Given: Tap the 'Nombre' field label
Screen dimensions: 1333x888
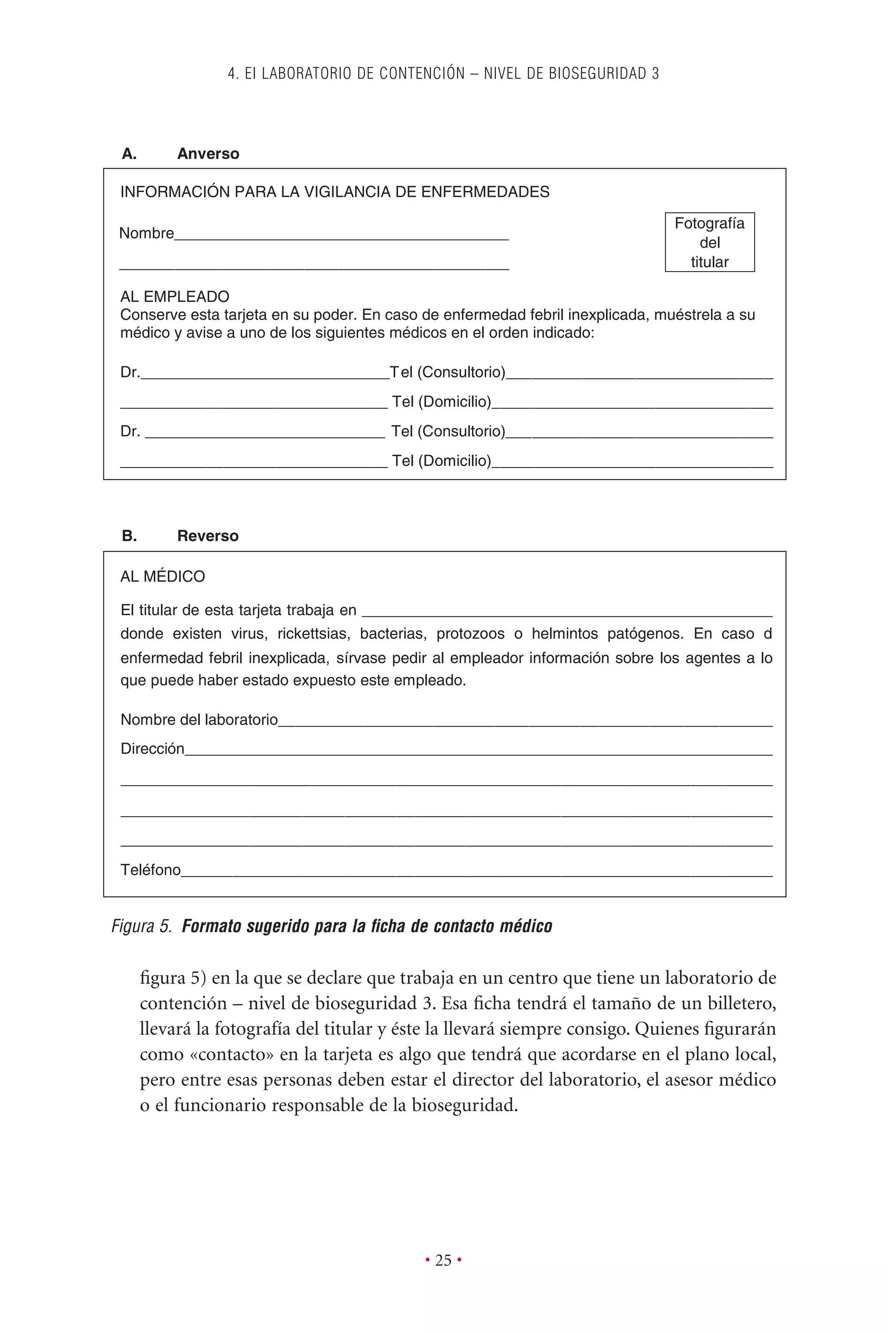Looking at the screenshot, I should click(x=147, y=233).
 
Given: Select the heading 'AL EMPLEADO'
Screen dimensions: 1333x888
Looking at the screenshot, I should click(x=174, y=296).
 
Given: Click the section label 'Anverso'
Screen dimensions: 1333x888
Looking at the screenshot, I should click(x=208, y=154).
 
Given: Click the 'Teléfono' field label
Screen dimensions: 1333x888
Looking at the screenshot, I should click(x=150, y=870).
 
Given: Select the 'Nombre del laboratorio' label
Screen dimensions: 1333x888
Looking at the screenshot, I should click(x=199, y=720).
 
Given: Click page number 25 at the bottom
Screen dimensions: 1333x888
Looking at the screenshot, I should click(x=444, y=1260).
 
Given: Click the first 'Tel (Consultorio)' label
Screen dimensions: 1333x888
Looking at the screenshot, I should click(x=447, y=372).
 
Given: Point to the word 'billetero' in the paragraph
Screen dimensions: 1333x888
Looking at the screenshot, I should click(x=741, y=1003).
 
